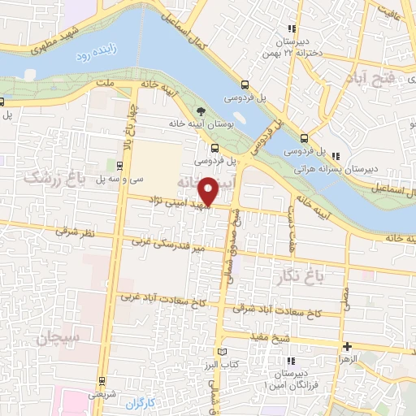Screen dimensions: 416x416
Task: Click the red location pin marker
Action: pyautogui.click(x=210, y=192)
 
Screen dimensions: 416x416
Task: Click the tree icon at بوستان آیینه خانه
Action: pyautogui.click(x=201, y=112)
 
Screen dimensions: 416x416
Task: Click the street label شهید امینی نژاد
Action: pyautogui.click(x=178, y=206)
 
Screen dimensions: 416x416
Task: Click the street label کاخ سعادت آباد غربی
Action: pyautogui.click(x=162, y=298)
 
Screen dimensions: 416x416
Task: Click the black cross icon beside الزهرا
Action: pyautogui.click(x=347, y=346)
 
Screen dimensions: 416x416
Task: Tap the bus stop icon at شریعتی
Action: pyautogui.click(x=102, y=380)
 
